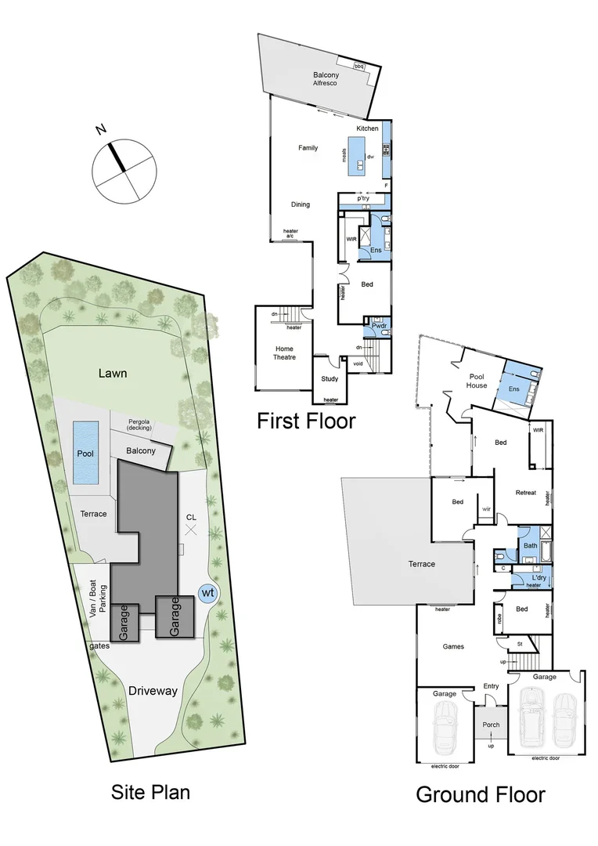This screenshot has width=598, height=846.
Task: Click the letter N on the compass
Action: pos(101,131)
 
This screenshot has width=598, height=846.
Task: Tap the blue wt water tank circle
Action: pos(207,593)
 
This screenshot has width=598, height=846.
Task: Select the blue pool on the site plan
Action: pos(85,453)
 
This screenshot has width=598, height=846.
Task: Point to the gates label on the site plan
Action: pos(99,645)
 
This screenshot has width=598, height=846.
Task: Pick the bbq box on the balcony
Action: pos(361,67)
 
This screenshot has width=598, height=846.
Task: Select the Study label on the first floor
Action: pos(330,379)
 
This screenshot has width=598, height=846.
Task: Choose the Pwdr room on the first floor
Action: pos(379,326)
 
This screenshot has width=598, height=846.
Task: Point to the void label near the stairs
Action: pos(358,363)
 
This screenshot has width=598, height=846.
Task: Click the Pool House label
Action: pos(477,381)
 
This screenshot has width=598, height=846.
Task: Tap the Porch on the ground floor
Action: pos(491,725)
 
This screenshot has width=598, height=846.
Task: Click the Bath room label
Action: pos(530,544)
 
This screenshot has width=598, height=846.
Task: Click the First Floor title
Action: pos(306,421)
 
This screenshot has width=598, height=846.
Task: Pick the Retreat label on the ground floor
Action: pos(525,493)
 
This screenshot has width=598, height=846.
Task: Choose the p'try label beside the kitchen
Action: pos(363,199)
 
